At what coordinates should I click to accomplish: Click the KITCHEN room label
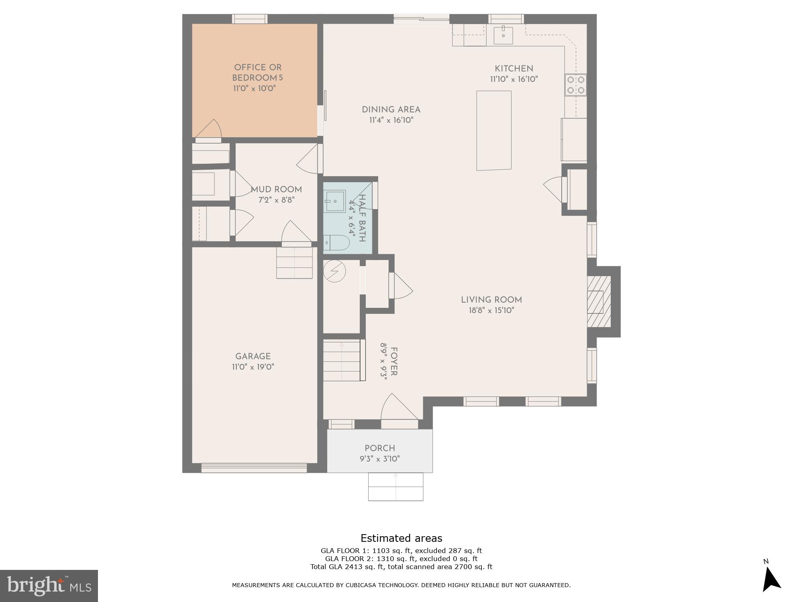point(514,69)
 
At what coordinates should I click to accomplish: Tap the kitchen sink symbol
point(503,35)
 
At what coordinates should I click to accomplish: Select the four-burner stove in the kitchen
point(575,85)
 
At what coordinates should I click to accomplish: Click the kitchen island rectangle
point(494,130)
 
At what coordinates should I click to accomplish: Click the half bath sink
point(335,201)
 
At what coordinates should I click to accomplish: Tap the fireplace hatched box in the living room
point(599,301)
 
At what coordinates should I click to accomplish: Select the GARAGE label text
point(253,356)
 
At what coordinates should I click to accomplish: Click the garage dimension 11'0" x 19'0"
point(253,367)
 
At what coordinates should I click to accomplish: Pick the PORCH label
point(380,448)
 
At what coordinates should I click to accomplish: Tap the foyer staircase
point(344,360)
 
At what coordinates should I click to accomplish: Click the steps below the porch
point(395,487)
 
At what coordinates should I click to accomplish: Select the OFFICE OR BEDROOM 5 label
point(257,73)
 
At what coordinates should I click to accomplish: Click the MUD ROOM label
point(276,189)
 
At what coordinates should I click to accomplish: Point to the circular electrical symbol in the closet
point(334,271)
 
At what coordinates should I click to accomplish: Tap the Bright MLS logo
point(49,586)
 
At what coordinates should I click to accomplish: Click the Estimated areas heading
point(401,538)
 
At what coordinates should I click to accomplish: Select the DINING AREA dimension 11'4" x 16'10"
point(391,120)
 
